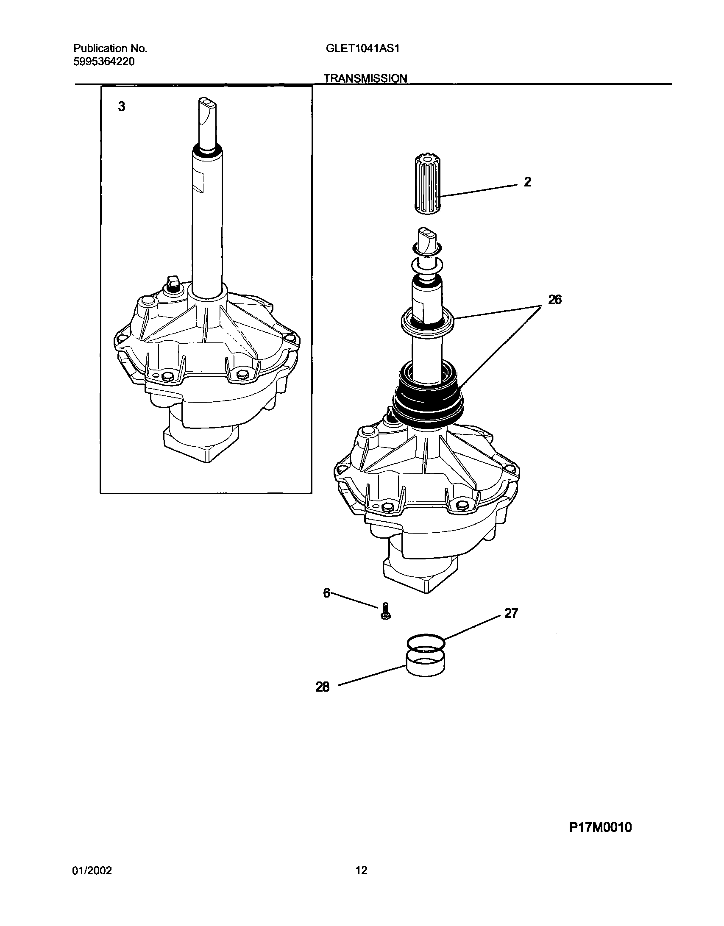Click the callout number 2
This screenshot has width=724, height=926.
pyautogui.click(x=527, y=182)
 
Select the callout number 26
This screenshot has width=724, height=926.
pyautogui.click(x=554, y=300)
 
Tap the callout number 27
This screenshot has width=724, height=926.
pyautogui.click(x=511, y=614)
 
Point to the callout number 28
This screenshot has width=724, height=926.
pyautogui.click(x=322, y=687)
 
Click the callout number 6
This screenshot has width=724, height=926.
pyautogui.click(x=326, y=593)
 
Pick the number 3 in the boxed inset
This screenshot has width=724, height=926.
pyautogui.click(x=122, y=107)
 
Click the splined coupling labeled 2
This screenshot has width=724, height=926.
pyautogui.click(x=427, y=185)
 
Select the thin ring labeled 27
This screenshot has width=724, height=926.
pyautogui.click(x=426, y=643)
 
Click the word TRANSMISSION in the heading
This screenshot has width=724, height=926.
pyautogui.click(x=366, y=78)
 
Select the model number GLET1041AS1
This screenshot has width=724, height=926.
pyautogui.click(x=363, y=48)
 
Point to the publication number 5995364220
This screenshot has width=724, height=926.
pyautogui.click(x=104, y=62)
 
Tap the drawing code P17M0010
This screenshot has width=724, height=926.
pyautogui.click(x=600, y=827)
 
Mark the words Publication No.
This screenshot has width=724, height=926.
pyautogui.click(x=110, y=48)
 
